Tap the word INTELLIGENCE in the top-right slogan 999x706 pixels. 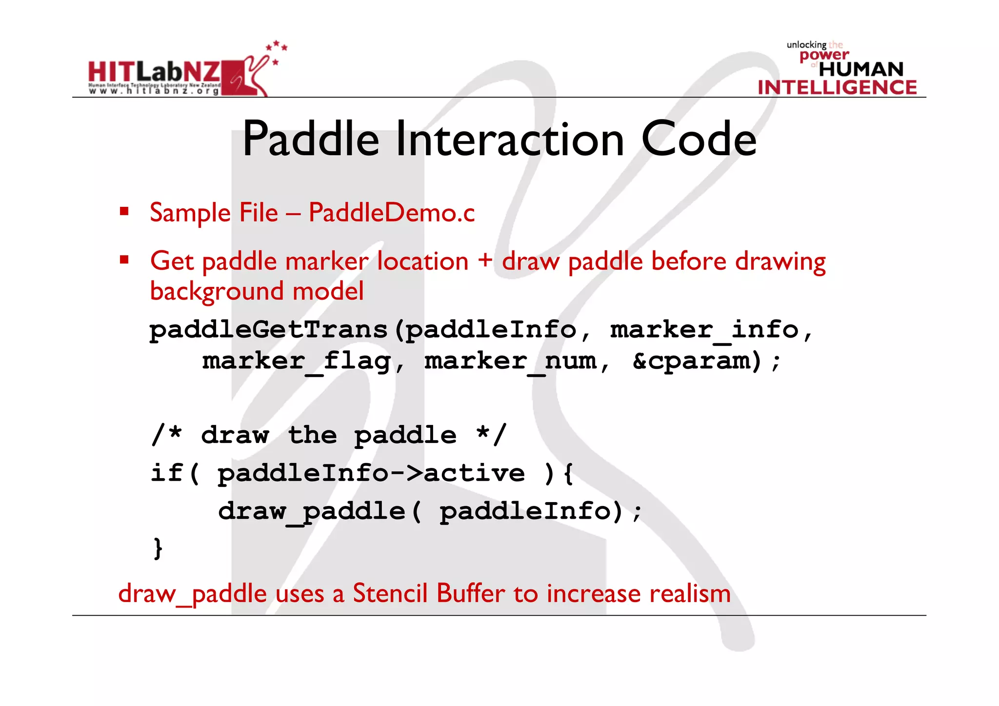click(837, 87)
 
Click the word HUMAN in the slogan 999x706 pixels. click(861, 69)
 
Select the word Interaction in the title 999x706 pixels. click(510, 140)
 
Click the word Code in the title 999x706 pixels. click(699, 140)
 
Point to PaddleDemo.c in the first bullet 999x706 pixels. click(392, 213)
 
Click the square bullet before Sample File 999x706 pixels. click(124, 211)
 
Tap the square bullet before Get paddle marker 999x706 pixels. click(124, 259)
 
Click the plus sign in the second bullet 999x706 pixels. click(485, 260)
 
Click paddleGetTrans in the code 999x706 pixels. click(268, 330)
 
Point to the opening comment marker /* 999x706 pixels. click(167, 434)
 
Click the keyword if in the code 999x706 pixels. click(167, 472)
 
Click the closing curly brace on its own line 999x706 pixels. click(158, 548)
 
